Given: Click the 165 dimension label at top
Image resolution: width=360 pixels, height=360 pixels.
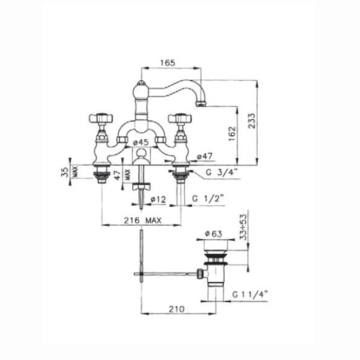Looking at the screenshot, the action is (x=168, y=63).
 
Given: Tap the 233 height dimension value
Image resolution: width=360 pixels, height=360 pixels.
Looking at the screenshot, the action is (x=251, y=121).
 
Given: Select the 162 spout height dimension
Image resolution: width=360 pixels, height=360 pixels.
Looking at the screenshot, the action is (x=232, y=134).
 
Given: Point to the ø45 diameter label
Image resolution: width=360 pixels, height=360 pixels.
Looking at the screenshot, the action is (x=141, y=142).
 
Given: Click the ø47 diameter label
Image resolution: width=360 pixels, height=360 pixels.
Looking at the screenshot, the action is (x=205, y=156).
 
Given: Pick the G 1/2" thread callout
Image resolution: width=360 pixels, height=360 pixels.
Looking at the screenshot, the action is (x=208, y=198).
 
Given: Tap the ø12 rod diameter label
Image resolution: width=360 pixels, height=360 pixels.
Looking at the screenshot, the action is (x=158, y=200).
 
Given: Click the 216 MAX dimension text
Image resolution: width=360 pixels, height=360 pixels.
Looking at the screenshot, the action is (x=142, y=221).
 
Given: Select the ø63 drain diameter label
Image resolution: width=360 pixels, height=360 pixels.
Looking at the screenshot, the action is (x=213, y=233).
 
